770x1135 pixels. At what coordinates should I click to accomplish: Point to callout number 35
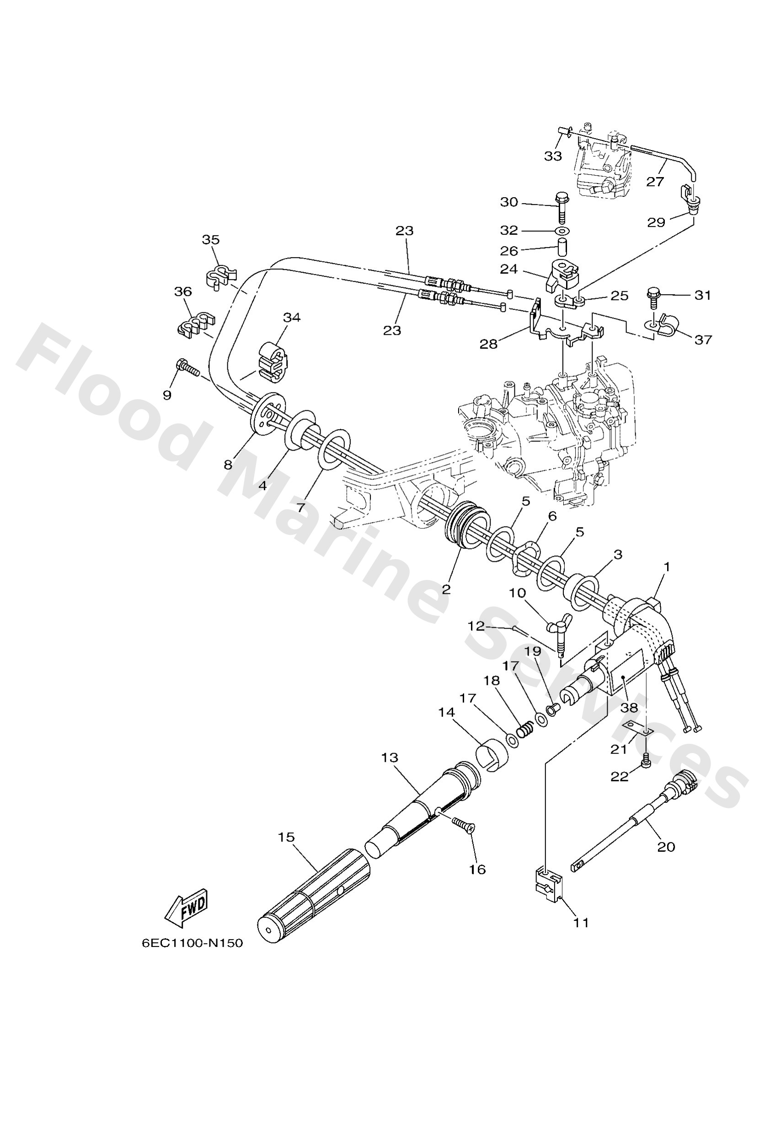point(211,239)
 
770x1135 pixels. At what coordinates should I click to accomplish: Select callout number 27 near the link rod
point(655,182)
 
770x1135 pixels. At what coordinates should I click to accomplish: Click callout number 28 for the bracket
point(488,344)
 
